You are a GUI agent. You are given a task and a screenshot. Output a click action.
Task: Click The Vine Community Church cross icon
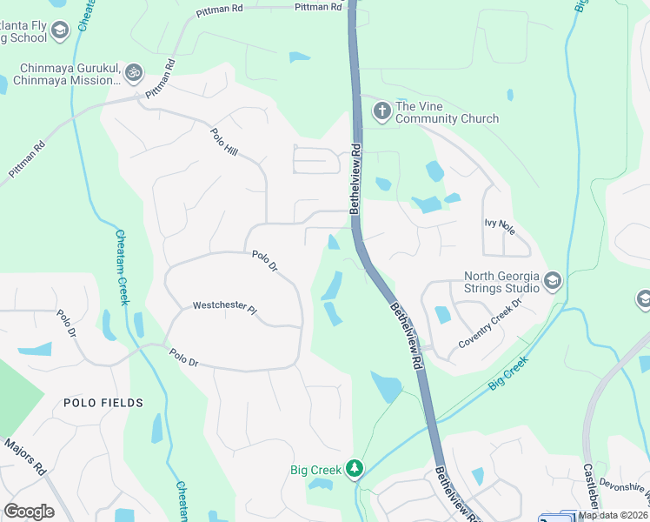tap(381, 110)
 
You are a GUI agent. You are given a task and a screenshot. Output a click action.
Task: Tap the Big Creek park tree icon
tap(354, 470)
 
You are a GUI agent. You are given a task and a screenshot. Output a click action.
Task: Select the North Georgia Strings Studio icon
tap(554, 281)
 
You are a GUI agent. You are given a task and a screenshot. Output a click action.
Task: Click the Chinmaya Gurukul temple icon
tap(133, 72)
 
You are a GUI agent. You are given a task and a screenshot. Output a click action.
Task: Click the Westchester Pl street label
tap(225, 307)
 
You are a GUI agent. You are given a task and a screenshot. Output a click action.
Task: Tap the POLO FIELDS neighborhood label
tap(103, 403)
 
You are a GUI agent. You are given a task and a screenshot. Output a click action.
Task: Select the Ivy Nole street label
tap(500, 223)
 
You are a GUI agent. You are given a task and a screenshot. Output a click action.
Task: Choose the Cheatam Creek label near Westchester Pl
tap(122, 267)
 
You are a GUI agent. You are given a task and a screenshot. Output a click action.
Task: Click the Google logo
tap(29, 512)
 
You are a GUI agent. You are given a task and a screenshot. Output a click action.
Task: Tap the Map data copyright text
tap(613, 515)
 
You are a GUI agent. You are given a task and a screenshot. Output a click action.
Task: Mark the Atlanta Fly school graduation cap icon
tap(59, 31)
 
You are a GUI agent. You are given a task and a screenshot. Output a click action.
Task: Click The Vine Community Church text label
tap(447, 113)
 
